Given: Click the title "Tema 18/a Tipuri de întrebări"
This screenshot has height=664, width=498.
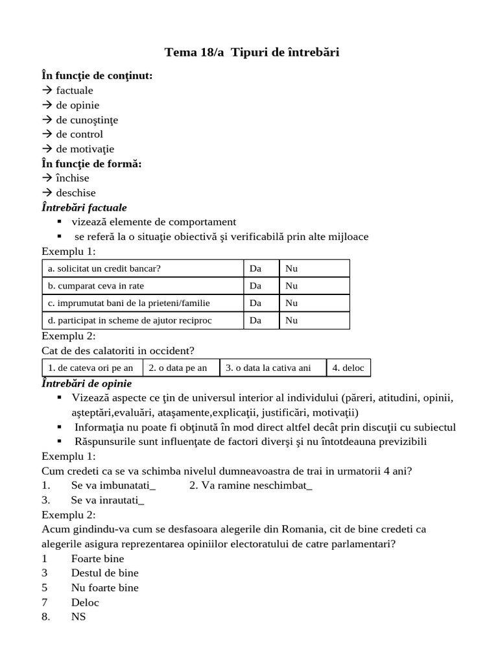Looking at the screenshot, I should pos(252,53).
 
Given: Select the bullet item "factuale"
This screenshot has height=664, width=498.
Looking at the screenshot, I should pos(74,91).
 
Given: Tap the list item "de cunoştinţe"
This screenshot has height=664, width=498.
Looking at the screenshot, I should pos(87,120).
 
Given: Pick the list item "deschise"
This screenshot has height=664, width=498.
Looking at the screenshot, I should pos(75,193).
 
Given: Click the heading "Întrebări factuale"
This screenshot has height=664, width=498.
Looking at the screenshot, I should pos(84,207).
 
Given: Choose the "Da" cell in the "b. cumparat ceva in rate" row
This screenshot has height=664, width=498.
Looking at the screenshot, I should pos(255,285).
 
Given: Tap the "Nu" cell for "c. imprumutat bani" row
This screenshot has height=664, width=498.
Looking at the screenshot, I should pos(292,303).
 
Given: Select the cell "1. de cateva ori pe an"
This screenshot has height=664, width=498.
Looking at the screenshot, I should pos(91,368).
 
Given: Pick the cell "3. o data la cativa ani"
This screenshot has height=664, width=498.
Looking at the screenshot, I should pos(268,368).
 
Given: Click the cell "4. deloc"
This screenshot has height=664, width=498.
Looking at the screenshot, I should pos(348,368).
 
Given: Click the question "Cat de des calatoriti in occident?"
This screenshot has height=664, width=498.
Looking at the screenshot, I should pos(118,351).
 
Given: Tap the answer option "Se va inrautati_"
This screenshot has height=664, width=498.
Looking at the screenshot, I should pos(108,500).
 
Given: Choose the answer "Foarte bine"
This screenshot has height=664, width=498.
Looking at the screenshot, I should pos(97,558).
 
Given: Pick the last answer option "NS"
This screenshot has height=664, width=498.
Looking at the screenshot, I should pos(78,617).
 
